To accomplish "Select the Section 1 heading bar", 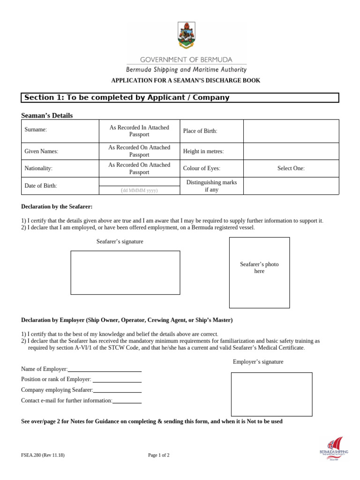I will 180,97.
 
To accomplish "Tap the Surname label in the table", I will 36,130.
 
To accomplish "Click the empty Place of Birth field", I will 291,131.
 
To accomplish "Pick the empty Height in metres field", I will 291,151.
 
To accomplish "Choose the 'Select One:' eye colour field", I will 291,168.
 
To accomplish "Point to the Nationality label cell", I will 38,168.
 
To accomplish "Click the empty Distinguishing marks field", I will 291,186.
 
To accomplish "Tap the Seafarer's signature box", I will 125,272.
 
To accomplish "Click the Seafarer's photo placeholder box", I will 259,272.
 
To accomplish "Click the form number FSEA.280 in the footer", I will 43,455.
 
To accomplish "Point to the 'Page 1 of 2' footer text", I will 159,455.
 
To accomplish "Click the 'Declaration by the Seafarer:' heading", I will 57,207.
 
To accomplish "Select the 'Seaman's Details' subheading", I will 47,115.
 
